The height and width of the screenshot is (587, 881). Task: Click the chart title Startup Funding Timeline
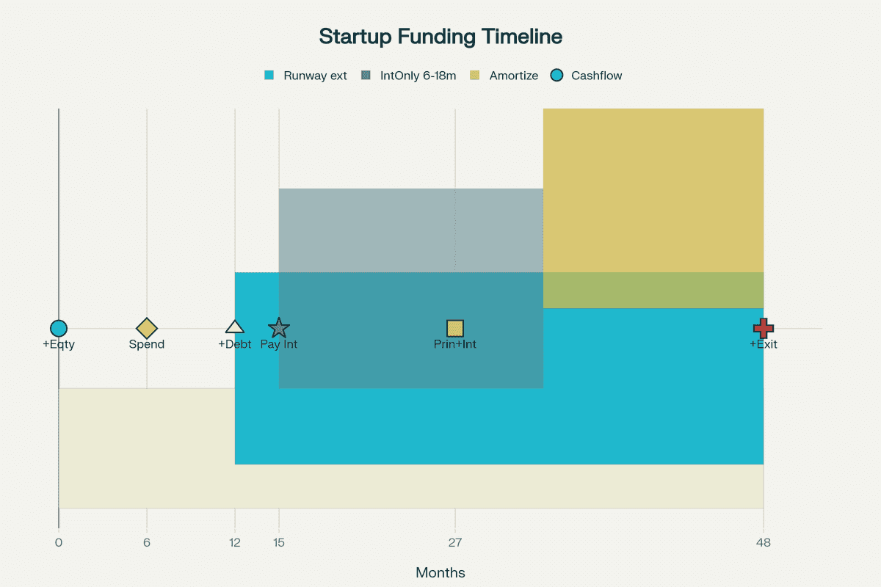point(440,37)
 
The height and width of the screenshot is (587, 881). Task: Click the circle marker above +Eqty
point(59,329)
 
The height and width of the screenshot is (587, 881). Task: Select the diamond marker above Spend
point(147,329)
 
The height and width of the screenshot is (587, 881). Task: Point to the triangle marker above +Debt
point(235,328)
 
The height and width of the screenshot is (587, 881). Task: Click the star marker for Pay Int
point(279,329)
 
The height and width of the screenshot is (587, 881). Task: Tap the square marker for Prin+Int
point(455,329)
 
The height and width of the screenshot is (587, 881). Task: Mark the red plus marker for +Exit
point(764,329)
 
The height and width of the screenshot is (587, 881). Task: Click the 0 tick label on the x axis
point(59,543)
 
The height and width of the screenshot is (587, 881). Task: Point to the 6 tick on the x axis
point(147,543)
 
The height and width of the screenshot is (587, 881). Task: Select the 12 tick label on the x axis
point(235,543)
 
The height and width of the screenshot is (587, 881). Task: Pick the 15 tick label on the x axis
point(279,543)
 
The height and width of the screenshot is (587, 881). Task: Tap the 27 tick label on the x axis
point(455,543)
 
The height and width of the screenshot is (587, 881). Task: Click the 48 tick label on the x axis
point(764,543)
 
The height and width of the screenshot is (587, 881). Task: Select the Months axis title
point(440,573)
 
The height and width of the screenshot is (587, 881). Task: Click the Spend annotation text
point(147,344)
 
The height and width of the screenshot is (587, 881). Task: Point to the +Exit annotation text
point(764,344)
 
